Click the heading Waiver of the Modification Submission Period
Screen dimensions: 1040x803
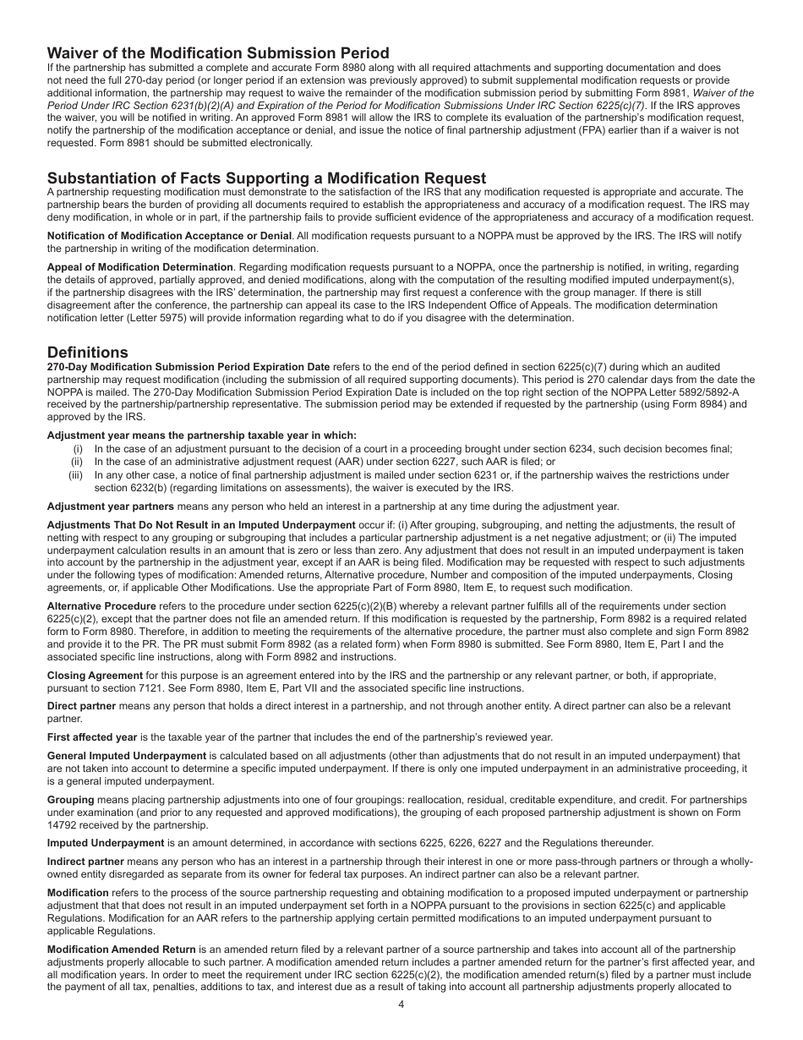click(x=218, y=54)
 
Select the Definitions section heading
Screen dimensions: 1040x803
click(x=88, y=352)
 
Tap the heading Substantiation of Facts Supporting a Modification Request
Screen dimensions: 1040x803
click(x=266, y=178)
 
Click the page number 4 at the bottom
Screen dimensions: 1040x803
click(x=401, y=1004)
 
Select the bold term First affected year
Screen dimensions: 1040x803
click(x=92, y=737)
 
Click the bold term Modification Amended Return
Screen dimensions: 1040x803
click(x=121, y=950)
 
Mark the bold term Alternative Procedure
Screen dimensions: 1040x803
click(x=101, y=606)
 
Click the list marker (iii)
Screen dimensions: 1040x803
click(x=76, y=475)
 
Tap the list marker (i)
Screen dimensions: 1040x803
click(x=78, y=449)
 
